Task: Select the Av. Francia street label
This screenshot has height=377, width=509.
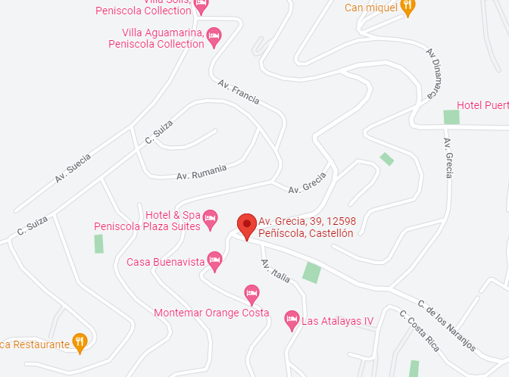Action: pos(239,92)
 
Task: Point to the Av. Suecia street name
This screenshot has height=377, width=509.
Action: pos(73,169)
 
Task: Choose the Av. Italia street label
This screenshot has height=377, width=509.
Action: pos(276,271)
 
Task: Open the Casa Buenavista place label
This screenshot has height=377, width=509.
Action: pos(166,262)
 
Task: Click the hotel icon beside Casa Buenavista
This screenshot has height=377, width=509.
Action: pos(215,262)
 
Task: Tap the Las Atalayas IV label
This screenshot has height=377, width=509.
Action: pos(338,321)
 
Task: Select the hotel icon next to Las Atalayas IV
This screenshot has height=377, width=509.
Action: pos(292,321)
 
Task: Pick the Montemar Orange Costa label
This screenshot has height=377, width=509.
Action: pos(211,313)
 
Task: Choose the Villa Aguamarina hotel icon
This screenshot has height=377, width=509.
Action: pos(214,36)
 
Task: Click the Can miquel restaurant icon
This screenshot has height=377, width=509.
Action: pos(408,7)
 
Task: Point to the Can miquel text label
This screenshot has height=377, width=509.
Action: pos(370,8)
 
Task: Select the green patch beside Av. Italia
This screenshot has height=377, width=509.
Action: pos(311,272)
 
